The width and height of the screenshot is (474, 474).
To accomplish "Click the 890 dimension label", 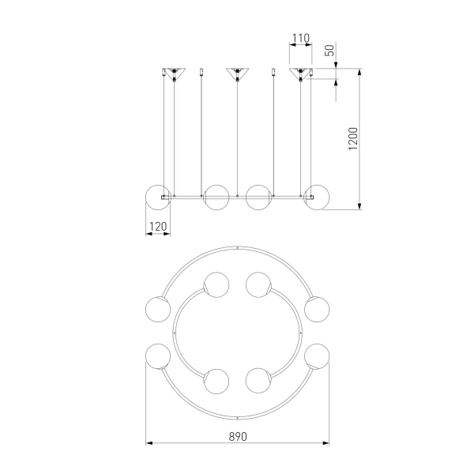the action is point(238,437).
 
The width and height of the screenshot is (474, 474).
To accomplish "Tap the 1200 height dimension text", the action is point(353,139).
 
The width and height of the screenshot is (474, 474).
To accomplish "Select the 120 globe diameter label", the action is point(158,227).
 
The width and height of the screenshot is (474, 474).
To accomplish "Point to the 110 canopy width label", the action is point(301,38).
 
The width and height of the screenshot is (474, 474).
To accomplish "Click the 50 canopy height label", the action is point(329,51).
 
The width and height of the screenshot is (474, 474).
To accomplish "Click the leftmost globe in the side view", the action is point(158,197).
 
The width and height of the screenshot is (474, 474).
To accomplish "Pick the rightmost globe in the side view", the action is point(317,197).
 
